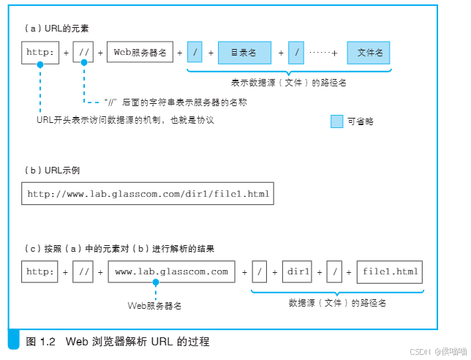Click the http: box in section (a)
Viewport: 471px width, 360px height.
click(x=40, y=53)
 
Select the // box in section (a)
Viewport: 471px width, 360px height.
click(x=83, y=53)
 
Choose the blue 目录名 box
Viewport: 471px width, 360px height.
click(x=243, y=53)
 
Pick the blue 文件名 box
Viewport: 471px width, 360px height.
click(x=369, y=53)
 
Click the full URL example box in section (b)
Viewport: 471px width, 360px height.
click(x=148, y=195)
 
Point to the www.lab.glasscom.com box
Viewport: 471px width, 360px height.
click(x=172, y=271)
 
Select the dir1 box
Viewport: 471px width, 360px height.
click(x=298, y=271)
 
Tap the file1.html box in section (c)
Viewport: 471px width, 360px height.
click(x=389, y=271)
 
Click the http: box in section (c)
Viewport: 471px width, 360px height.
click(x=40, y=271)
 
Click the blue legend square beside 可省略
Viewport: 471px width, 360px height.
click(x=336, y=121)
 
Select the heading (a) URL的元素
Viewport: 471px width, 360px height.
click(x=58, y=27)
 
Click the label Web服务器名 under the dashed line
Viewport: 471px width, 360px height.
click(x=154, y=304)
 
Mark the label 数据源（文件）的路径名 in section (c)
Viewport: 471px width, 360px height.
click(x=337, y=302)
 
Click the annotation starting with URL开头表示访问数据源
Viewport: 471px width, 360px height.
click(x=124, y=119)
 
